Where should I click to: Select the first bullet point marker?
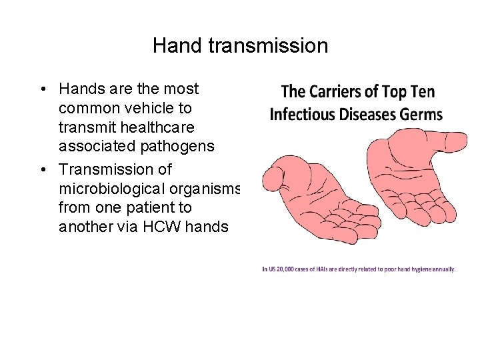point(42,89)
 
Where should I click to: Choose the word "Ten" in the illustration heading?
point(420,92)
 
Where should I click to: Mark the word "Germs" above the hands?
point(421,114)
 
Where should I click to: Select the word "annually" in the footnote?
point(443,269)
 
